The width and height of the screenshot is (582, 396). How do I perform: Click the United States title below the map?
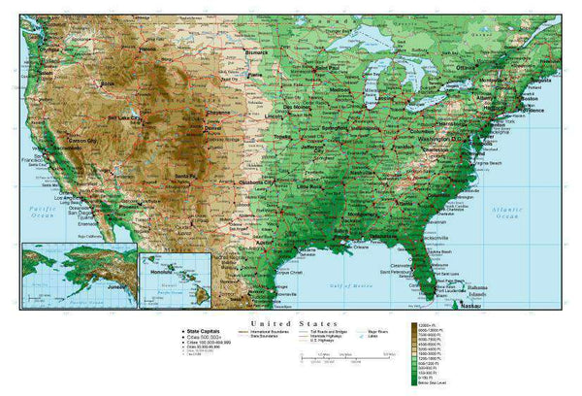click(294, 323)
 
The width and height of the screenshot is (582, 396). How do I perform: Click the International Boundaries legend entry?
click(274, 333)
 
